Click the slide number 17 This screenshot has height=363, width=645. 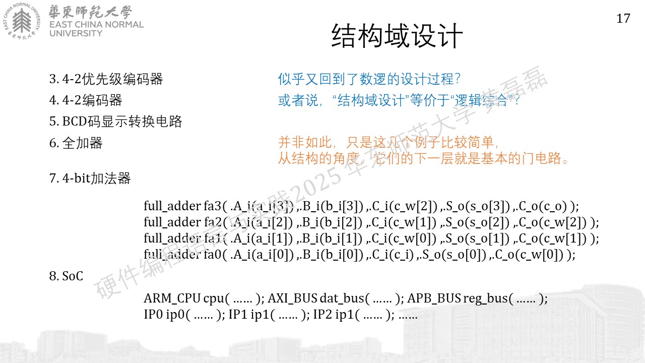coord(623,19)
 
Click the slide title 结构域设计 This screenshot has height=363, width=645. coord(397,36)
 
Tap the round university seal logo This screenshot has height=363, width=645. coord(22,21)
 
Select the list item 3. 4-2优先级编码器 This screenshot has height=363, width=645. coord(106,79)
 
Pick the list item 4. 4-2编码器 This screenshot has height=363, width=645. coord(86,100)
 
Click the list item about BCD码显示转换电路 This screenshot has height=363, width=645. coord(115,122)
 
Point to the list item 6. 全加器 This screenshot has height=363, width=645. coord(76,143)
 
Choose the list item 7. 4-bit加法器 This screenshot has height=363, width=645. coord(90,178)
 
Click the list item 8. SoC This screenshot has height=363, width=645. coord(66,276)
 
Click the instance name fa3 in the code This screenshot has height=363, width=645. coord(213,206)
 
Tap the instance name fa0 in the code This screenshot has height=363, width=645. coord(213,255)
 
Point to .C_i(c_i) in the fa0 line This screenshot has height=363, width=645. coord(393,255)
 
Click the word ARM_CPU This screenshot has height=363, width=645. coord(172,298)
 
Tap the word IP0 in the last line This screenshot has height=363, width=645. coord(153,314)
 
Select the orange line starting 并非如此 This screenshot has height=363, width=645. coord(388,142)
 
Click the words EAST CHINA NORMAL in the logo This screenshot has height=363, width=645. coord(96,25)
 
